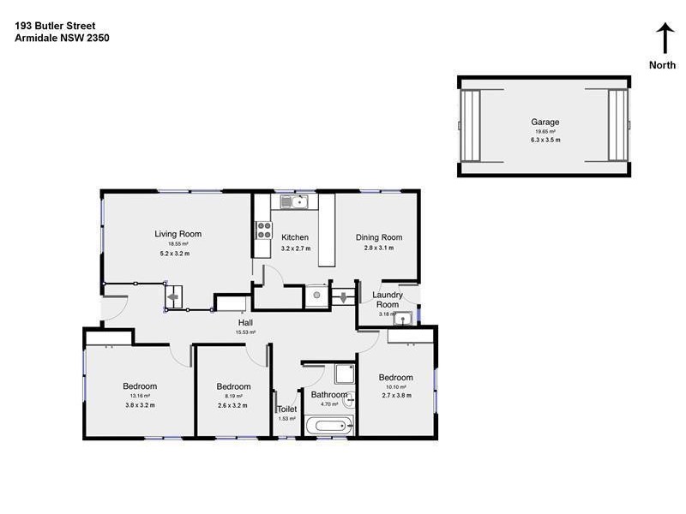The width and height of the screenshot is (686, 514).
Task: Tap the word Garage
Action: point(545,122)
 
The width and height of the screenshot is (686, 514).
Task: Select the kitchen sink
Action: point(294,202)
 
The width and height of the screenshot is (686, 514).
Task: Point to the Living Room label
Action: point(178,234)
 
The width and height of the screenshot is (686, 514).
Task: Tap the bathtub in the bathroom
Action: point(328,425)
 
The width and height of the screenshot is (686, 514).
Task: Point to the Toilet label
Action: point(286,409)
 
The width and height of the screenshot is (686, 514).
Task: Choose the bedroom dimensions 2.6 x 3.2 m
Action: point(232,405)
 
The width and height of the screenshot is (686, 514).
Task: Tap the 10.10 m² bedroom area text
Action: point(395,387)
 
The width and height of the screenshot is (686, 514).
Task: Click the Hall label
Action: point(245,323)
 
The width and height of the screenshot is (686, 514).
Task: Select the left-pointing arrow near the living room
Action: point(173,299)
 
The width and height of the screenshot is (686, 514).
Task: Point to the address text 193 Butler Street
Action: point(55,27)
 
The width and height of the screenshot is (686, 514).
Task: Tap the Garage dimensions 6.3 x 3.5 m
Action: point(545,140)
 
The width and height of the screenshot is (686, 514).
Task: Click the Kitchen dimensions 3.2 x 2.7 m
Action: point(295,248)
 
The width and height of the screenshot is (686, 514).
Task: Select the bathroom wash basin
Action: point(348,397)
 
